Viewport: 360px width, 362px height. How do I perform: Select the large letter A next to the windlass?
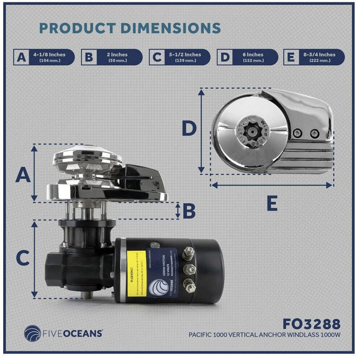coord(23,175)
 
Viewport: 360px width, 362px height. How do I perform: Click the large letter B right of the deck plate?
coord(189,212)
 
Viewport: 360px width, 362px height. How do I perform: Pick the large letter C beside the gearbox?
coord(23,256)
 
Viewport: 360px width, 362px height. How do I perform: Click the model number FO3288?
coord(310,324)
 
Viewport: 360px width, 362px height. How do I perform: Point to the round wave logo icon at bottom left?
coord(29,332)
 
